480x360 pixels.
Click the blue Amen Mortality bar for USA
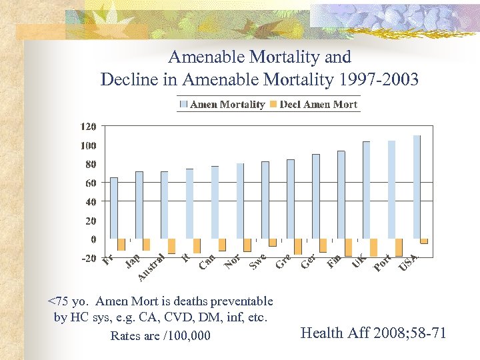click(x=417, y=187)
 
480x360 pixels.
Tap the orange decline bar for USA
click(x=424, y=241)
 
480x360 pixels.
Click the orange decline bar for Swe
click(x=273, y=243)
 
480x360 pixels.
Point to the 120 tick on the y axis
click(x=88, y=127)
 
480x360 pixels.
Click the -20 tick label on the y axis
click(x=88, y=258)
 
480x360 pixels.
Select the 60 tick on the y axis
click(x=89, y=183)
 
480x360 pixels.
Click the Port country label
click(x=382, y=263)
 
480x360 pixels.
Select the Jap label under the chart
click(x=133, y=261)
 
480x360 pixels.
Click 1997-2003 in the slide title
click(x=377, y=80)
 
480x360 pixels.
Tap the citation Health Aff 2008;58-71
click(x=373, y=333)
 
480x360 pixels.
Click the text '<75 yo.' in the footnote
click(x=69, y=301)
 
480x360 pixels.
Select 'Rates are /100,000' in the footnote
click(x=160, y=335)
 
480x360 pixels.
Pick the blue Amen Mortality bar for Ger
click(x=316, y=197)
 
